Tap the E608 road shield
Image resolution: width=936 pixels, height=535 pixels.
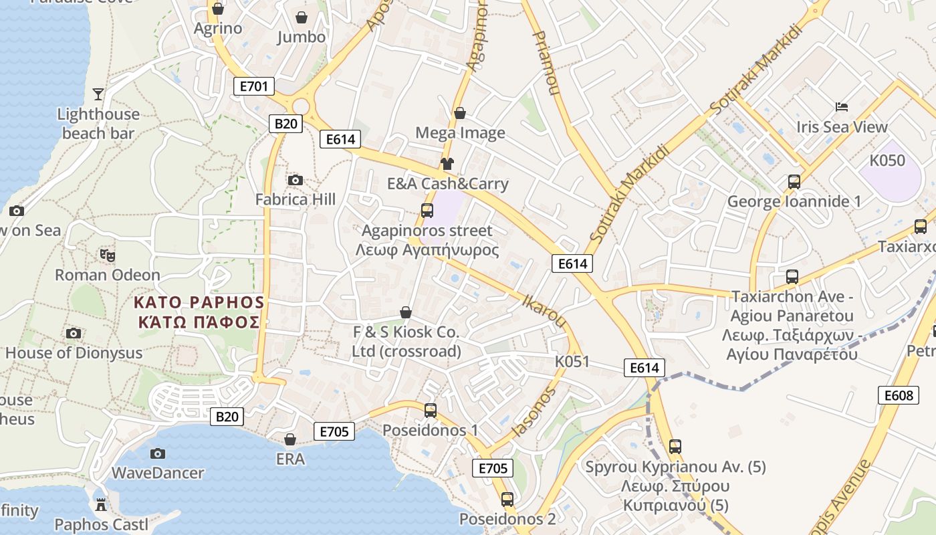(x=898, y=395)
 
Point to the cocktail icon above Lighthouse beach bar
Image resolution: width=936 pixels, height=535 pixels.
(x=98, y=94)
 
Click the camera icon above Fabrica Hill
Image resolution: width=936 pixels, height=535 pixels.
(x=295, y=180)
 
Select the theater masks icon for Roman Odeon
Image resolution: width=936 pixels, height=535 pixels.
(x=107, y=255)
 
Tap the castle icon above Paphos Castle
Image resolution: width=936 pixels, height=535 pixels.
(x=101, y=504)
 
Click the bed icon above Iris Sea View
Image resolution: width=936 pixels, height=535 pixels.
(x=842, y=107)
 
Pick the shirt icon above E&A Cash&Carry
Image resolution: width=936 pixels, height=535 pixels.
(x=447, y=164)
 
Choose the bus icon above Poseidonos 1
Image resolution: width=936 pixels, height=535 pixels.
(x=431, y=410)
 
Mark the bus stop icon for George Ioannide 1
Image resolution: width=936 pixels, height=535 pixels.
(x=794, y=181)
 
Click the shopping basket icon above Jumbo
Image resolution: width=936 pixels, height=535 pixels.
(x=302, y=17)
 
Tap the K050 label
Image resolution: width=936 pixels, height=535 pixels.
(x=887, y=160)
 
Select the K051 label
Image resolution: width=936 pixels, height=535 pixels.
(x=572, y=362)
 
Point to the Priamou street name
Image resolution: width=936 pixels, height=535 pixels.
(x=544, y=62)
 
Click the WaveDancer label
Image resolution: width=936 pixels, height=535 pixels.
(x=158, y=473)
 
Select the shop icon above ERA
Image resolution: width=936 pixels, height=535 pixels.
(x=290, y=439)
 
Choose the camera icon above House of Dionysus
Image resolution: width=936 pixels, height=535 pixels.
(x=74, y=333)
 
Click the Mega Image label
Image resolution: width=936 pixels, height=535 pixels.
(x=460, y=132)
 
